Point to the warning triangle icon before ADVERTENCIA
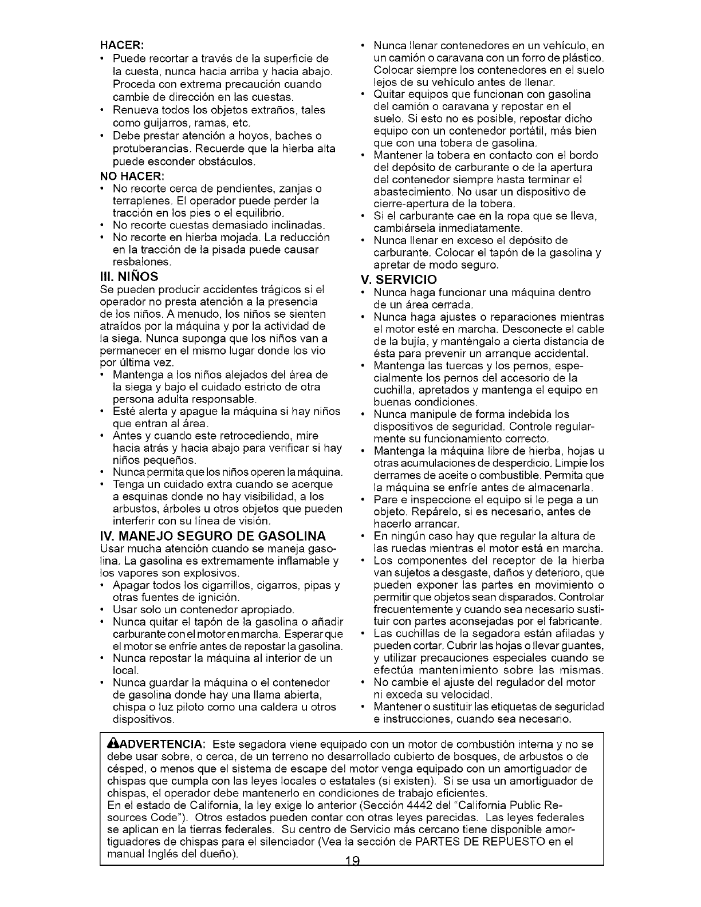[112, 744]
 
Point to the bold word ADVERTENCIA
[158, 744]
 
